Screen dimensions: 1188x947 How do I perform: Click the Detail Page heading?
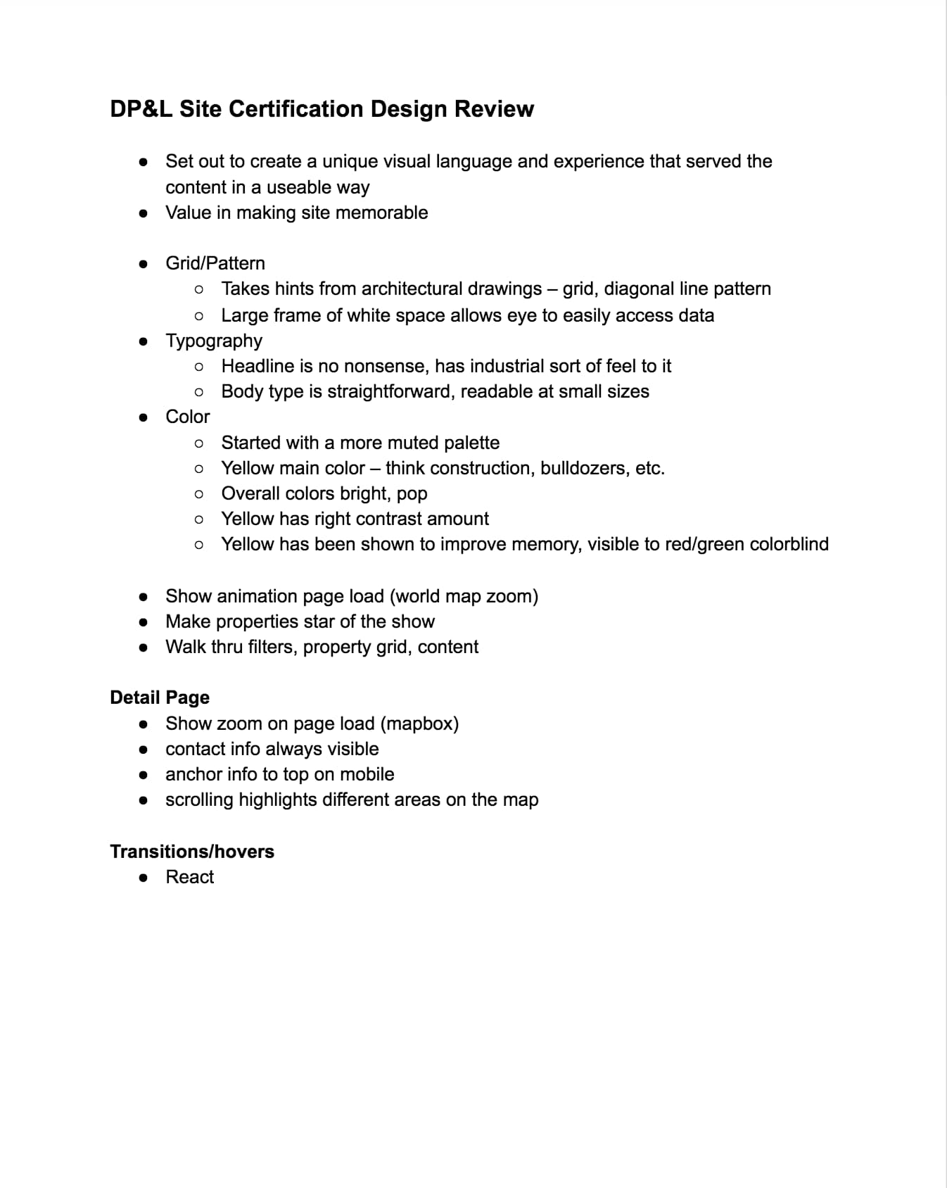[x=160, y=697]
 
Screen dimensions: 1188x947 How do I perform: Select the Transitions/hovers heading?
[x=192, y=852]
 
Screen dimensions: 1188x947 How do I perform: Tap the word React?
[x=189, y=877]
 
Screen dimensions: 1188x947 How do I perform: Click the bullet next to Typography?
[x=144, y=341]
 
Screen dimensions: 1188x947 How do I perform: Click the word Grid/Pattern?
[x=215, y=263]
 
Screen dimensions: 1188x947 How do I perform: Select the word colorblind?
[x=789, y=544]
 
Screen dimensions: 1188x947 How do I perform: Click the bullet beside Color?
[x=144, y=417]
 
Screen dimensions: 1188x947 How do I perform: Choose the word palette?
[x=471, y=443]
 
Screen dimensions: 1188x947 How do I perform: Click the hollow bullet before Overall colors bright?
[x=199, y=494]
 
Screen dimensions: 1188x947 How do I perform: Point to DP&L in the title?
[x=141, y=109]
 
